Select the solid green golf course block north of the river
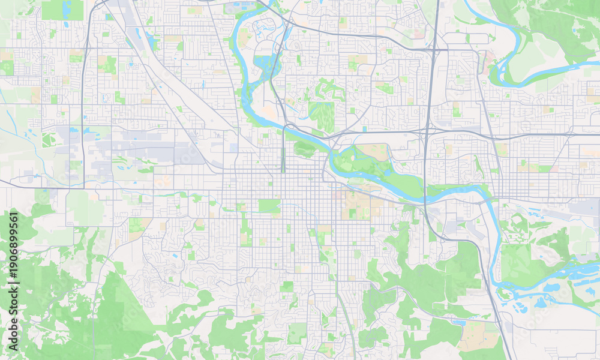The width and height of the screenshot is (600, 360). click(322, 115)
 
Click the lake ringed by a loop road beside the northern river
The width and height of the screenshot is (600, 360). click(263, 62)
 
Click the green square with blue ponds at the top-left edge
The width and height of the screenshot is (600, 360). click(63, 9)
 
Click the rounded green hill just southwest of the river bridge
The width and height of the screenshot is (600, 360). click(304, 148)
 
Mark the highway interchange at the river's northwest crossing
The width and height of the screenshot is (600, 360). click(288, 127)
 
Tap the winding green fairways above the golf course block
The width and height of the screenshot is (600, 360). click(329, 90)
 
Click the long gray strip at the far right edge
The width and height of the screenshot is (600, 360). click(585, 207)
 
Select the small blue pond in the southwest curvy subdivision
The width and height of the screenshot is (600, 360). click(175, 256)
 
